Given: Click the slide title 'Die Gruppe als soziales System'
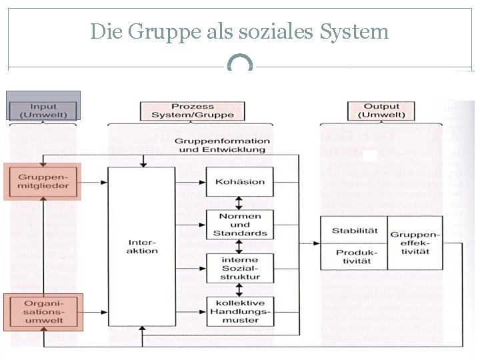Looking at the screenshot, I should coord(239,31).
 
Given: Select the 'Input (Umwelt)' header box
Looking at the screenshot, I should coord(43,110).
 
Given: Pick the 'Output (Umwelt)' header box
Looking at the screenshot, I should coord(381,111).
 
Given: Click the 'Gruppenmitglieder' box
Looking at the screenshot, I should coord(43,181).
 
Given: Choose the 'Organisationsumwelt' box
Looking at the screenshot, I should coord(43,312).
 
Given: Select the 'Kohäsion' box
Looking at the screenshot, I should coord(240,181).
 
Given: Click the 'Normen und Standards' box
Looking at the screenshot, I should coord(240,225).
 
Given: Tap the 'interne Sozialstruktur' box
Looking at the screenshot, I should coord(240,268).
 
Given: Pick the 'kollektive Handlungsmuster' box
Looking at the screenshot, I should coord(240,311).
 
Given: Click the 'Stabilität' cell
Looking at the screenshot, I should coord(354,231).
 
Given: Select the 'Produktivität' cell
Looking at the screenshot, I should coord(354,257).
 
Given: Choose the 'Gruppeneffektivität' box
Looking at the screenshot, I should coord(415,243).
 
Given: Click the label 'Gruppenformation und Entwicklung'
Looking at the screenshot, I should coord(222,145).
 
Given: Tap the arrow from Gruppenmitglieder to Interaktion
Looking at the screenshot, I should coord(93,181).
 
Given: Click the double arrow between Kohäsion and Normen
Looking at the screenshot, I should coord(240,203).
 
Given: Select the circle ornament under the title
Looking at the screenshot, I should coord(240,65).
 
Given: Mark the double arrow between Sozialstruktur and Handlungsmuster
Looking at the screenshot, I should coord(240,289).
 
